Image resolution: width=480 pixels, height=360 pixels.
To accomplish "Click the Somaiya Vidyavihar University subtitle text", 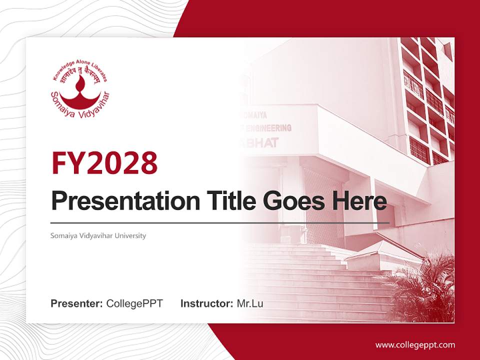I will click(98, 235).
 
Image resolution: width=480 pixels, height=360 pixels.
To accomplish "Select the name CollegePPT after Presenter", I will click(134, 303).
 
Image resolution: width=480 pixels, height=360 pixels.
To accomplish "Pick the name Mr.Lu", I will click(250, 303).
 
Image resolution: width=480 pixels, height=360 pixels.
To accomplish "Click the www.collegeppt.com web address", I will click(415, 344).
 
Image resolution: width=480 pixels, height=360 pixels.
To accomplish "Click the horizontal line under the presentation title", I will click(220, 222).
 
